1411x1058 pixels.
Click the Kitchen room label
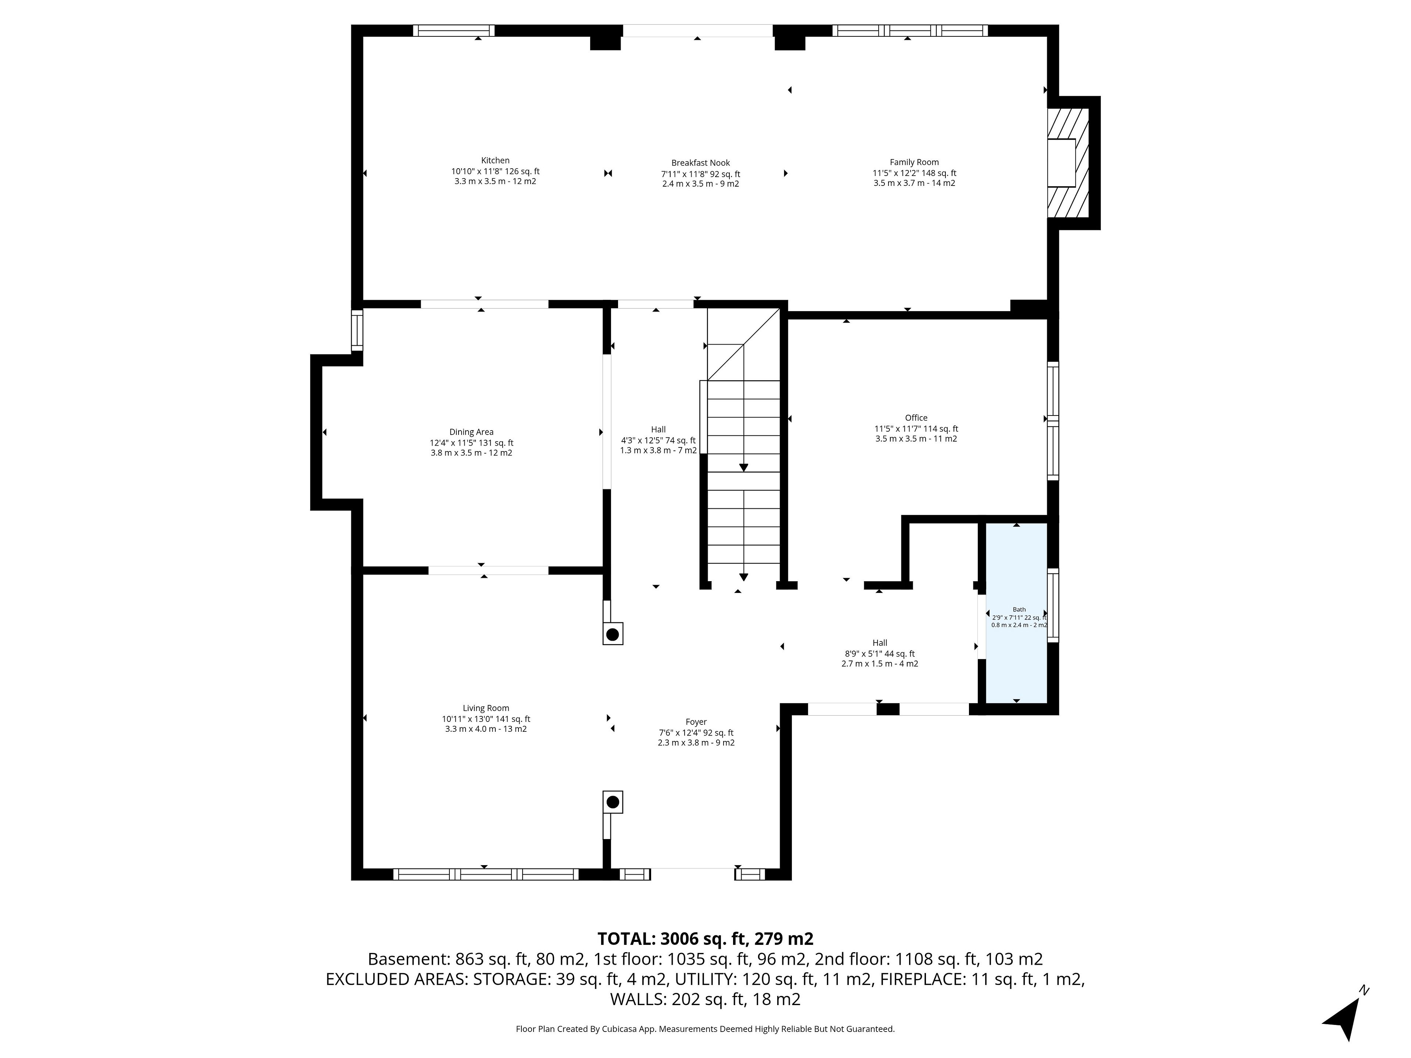[495, 161]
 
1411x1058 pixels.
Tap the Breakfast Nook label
[700, 163]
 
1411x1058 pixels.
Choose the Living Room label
[486, 708]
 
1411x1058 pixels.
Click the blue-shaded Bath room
[1016, 613]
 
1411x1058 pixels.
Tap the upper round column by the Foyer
[613, 634]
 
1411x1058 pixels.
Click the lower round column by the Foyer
[613, 802]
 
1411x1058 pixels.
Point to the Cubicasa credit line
[705, 1029]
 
